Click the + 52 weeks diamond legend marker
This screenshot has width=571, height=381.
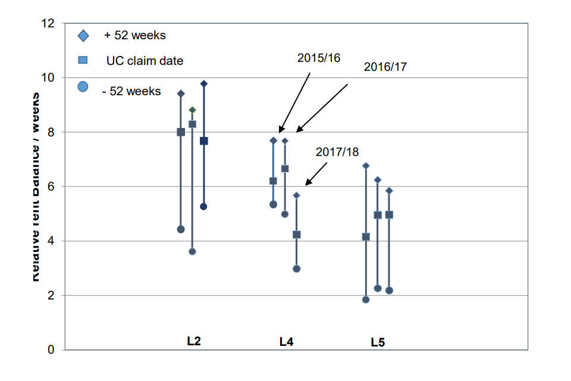83,36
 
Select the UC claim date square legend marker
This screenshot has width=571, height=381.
83,60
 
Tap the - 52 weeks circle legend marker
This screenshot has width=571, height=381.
83,86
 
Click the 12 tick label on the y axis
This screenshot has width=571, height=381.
48,23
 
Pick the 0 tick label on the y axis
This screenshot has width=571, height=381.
51,350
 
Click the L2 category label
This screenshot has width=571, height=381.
193,342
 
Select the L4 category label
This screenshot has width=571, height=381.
286,342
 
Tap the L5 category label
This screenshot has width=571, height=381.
378,342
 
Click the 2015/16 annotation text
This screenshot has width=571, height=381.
319,58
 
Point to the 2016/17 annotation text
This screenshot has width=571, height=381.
385,67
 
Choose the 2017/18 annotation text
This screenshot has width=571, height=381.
337,152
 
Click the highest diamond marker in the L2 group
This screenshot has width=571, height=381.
204,84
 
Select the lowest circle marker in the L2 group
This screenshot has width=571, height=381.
192,251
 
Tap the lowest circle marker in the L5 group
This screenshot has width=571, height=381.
366,299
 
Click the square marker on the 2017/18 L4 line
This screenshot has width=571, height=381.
297,235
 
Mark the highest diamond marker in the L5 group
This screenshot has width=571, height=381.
366,165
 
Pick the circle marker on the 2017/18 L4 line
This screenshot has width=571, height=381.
297,268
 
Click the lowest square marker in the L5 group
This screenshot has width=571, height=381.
366,237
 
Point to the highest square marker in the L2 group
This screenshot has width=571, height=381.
192,124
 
